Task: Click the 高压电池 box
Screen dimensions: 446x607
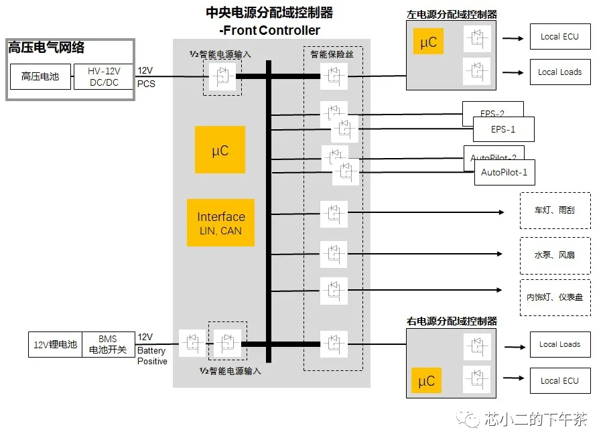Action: pyautogui.click(x=40, y=77)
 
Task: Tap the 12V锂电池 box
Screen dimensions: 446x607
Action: pyautogui.click(x=55, y=345)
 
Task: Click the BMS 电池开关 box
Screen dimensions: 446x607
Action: pyautogui.click(x=107, y=345)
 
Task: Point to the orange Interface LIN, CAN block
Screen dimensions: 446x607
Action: pyautogui.click(x=220, y=223)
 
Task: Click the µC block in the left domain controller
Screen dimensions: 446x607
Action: pyautogui.click(x=428, y=42)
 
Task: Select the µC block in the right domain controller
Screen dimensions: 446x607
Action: pyautogui.click(x=426, y=381)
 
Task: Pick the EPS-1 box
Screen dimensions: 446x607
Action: pyautogui.click(x=503, y=129)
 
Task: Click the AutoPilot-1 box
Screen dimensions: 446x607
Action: pyautogui.click(x=504, y=172)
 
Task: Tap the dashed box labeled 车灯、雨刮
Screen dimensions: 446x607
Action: pyautogui.click(x=555, y=210)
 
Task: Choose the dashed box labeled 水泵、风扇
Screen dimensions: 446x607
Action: pyautogui.click(x=555, y=255)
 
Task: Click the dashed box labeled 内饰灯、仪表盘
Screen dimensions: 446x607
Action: pyautogui.click(x=555, y=297)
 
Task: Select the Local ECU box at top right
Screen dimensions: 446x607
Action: pyautogui.click(x=559, y=37)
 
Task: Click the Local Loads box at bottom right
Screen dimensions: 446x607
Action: pyautogui.click(x=559, y=345)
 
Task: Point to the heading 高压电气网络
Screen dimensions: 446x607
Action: pyautogui.click(x=46, y=48)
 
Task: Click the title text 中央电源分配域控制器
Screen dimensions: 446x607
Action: pyautogui.click(x=269, y=13)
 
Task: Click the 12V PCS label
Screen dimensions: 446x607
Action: pyautogui.click(x=145, y=77)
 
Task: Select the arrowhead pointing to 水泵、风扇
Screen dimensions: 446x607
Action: pyautogui.click(x=498, y=254)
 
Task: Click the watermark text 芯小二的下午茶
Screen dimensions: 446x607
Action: pyautogui.click(x=535, y=420)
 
